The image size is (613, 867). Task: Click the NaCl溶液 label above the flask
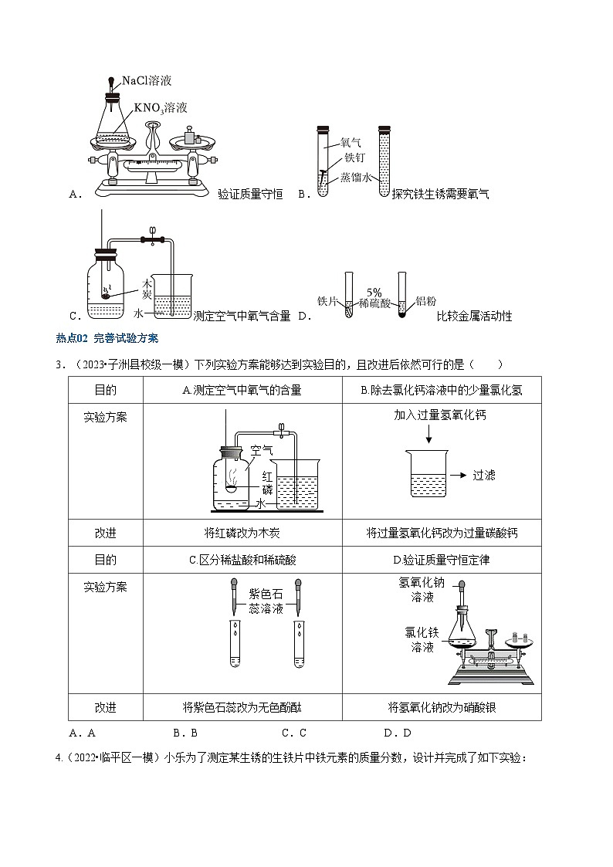coord(147,80)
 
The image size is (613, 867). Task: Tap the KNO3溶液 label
coord(160,108)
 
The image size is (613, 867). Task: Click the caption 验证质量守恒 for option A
coord(250,194)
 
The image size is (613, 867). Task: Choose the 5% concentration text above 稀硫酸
coord(374,293)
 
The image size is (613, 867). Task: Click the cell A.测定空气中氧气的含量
coord(242,390)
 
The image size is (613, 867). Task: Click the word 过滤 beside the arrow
coord(484,475)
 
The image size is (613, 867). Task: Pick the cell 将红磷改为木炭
coord(242,533)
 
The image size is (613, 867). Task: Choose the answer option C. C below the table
coord(294,733)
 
